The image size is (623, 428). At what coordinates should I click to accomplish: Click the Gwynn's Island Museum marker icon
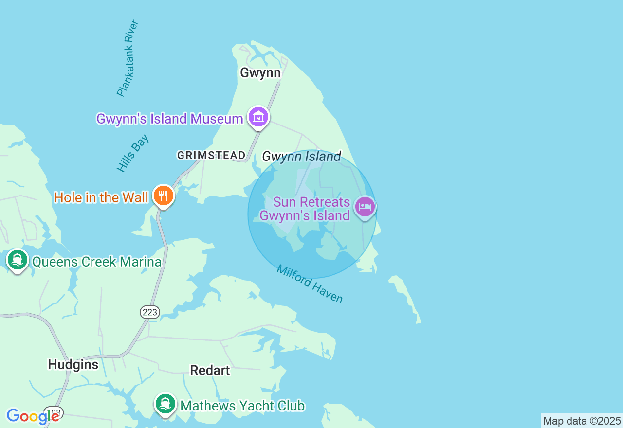point(258,117)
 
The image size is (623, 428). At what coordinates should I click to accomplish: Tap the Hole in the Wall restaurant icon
point(164,196)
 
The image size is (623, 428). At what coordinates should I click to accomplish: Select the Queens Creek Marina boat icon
point(18,260)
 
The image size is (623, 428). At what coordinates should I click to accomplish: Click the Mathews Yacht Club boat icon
point(165,404)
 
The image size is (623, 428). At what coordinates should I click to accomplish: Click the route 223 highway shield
point(150,312)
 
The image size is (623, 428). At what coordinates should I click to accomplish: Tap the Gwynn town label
point(260,73)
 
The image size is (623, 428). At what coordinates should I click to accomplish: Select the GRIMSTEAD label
point(211,155)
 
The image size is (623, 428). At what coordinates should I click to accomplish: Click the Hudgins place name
point(73,364)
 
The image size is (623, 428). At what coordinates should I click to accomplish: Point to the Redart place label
point(210,370)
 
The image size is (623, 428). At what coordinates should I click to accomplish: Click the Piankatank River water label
point(128,58)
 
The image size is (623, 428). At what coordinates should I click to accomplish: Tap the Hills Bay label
point(132,153)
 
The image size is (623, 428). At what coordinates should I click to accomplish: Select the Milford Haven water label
point(310,284)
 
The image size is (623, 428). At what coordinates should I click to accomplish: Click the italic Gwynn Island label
point(301,157)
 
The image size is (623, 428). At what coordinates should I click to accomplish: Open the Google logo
point(32,416)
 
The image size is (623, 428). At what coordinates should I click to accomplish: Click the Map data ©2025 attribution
point(582,421)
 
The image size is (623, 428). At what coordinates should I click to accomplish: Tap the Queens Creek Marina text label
point(96,262)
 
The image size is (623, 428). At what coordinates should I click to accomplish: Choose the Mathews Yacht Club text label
point(242,406)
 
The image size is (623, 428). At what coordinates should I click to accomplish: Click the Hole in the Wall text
point(101,197)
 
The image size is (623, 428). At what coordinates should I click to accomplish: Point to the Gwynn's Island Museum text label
point(169,119)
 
